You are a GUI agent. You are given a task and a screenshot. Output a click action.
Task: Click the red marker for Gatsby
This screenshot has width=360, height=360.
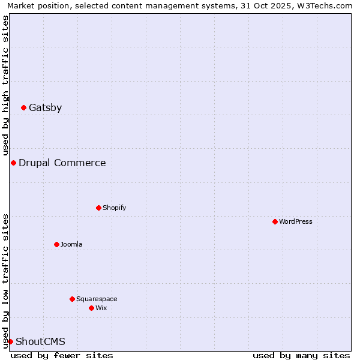click(23, 108)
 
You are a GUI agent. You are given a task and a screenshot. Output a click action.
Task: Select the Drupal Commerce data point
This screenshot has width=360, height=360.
click(13, 163)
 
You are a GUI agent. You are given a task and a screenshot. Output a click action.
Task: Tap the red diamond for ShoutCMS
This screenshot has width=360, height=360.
click(10, 342)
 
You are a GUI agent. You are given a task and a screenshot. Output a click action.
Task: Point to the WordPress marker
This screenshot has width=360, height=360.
click(275, 222)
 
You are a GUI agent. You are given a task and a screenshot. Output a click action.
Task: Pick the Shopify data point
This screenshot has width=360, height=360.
click(98, 208)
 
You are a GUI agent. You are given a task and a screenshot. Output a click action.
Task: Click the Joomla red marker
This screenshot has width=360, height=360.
click(56, 245)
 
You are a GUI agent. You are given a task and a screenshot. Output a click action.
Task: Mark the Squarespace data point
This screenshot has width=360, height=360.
click(72, 299)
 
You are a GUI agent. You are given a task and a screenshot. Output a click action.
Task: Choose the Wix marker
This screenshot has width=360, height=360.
click(91, 308)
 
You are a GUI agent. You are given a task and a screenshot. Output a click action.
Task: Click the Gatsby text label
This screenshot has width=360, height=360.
click(45, 108)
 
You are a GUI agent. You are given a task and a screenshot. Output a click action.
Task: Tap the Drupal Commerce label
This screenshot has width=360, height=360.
click(62, 163)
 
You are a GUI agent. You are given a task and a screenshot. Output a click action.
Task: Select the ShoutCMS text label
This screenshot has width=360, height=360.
click(40, 342)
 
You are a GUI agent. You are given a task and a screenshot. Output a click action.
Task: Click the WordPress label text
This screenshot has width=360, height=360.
click(296, 222)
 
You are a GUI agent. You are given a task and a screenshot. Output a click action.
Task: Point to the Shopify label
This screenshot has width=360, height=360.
click(114, 208)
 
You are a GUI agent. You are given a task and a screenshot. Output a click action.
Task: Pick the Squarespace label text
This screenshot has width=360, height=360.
click(97, 299)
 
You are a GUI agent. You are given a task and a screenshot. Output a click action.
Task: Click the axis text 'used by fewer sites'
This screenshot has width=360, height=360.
click(62, 355)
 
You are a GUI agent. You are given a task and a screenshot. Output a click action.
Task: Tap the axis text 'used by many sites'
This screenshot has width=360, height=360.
click(301, 355)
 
